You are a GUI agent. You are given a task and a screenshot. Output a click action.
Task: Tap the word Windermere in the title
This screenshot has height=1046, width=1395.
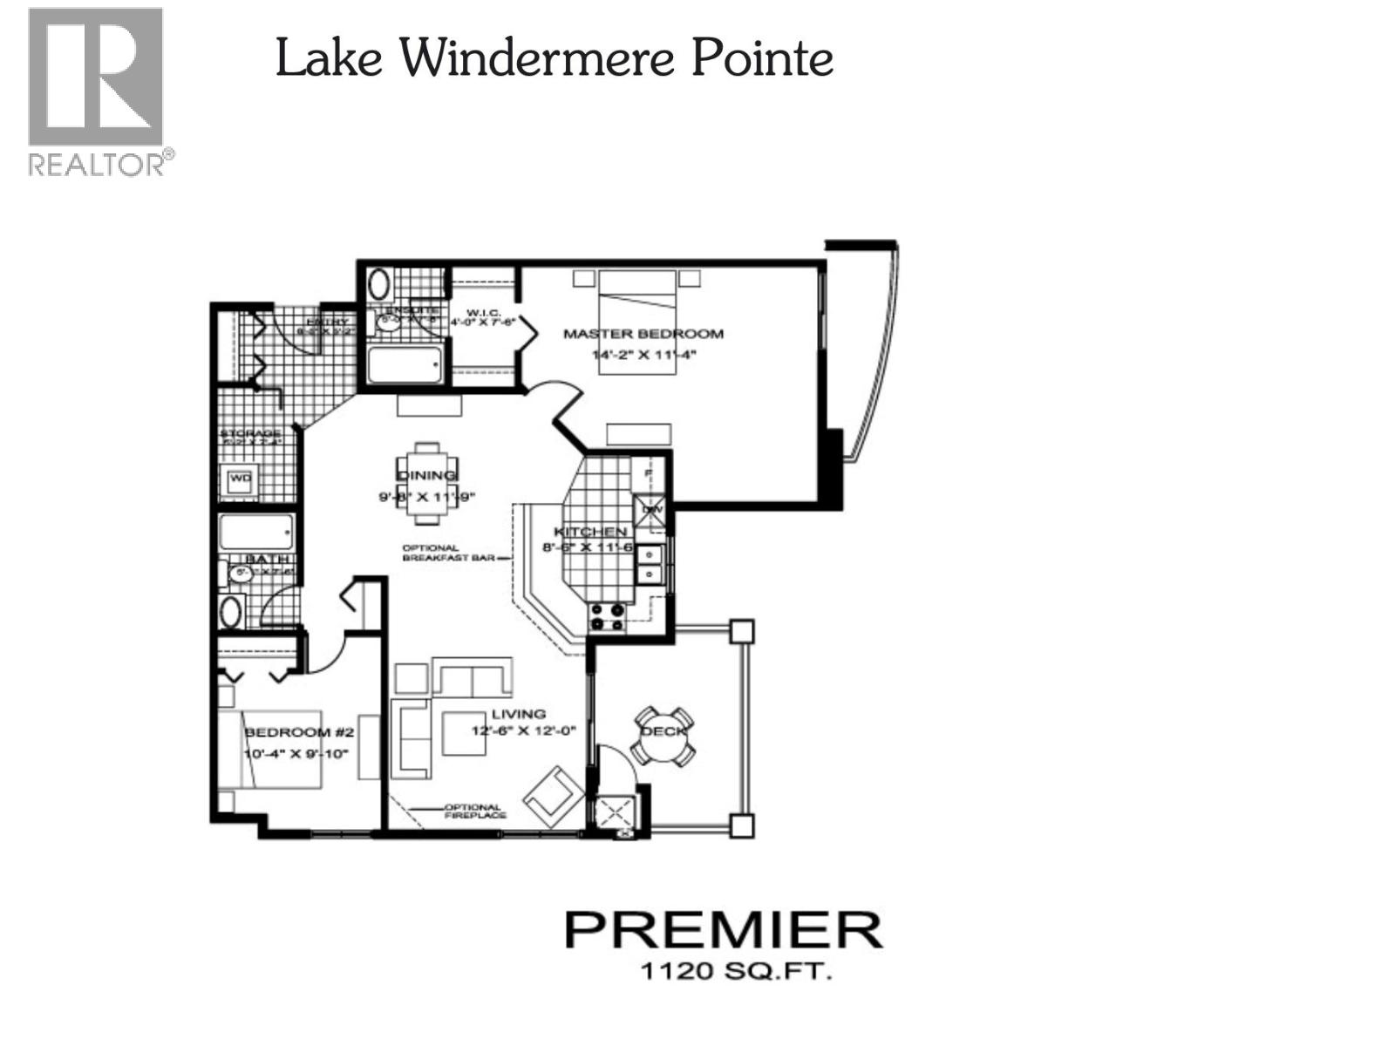click(537, 59)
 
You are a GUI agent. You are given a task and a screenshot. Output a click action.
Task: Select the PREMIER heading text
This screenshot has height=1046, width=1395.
click(723, 931)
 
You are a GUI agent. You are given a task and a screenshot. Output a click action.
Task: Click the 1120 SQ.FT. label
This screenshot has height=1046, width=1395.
click(736, 970)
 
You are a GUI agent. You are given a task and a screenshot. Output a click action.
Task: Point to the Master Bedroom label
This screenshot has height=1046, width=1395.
click(643, 334)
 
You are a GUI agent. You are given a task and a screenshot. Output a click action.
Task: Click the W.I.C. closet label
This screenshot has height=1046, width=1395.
click(483, 313)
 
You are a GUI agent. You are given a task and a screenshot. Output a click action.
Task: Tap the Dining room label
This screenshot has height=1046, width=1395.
click(427, 475)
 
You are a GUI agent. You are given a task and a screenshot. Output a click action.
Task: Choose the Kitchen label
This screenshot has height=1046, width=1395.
click(590, 531)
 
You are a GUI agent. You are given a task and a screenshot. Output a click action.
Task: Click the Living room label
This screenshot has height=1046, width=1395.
click(518, 714)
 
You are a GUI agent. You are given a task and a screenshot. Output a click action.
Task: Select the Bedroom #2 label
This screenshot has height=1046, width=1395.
click(287, 732)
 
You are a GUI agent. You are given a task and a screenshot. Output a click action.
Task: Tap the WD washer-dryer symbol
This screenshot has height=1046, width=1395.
click(240, 479)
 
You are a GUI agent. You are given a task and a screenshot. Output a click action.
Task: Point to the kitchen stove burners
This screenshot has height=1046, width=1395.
click(608, 617)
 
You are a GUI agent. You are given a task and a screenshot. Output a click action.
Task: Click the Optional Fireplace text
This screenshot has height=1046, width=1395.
click(474, 812)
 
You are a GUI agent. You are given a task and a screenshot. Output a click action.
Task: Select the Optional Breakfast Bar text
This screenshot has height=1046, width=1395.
click(448, 553)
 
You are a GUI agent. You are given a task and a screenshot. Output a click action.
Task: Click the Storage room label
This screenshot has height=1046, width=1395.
click(249, 433)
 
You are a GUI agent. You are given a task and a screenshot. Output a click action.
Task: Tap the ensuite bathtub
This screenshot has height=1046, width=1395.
click(404, 364)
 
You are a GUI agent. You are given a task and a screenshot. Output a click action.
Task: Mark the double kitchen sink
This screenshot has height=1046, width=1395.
click(650, 564)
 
